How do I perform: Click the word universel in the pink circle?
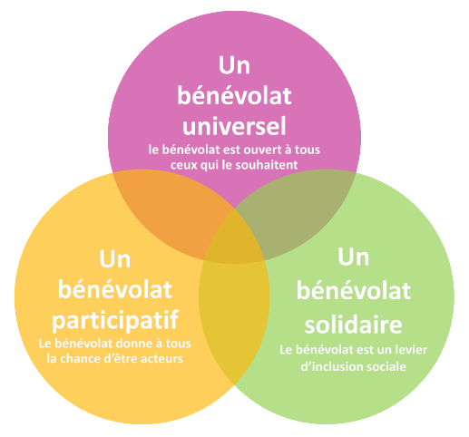tap(234, 125)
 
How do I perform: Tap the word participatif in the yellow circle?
tap(115, 320)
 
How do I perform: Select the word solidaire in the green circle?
tap(353, 324)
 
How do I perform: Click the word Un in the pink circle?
tap(234, 65)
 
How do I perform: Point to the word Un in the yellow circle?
tap(115, 258)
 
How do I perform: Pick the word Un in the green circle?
tap(354, 257)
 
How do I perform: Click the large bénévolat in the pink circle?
tap(234, 95)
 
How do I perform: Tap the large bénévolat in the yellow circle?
tap(115, 289)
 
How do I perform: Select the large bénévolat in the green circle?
tap(354, 290)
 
